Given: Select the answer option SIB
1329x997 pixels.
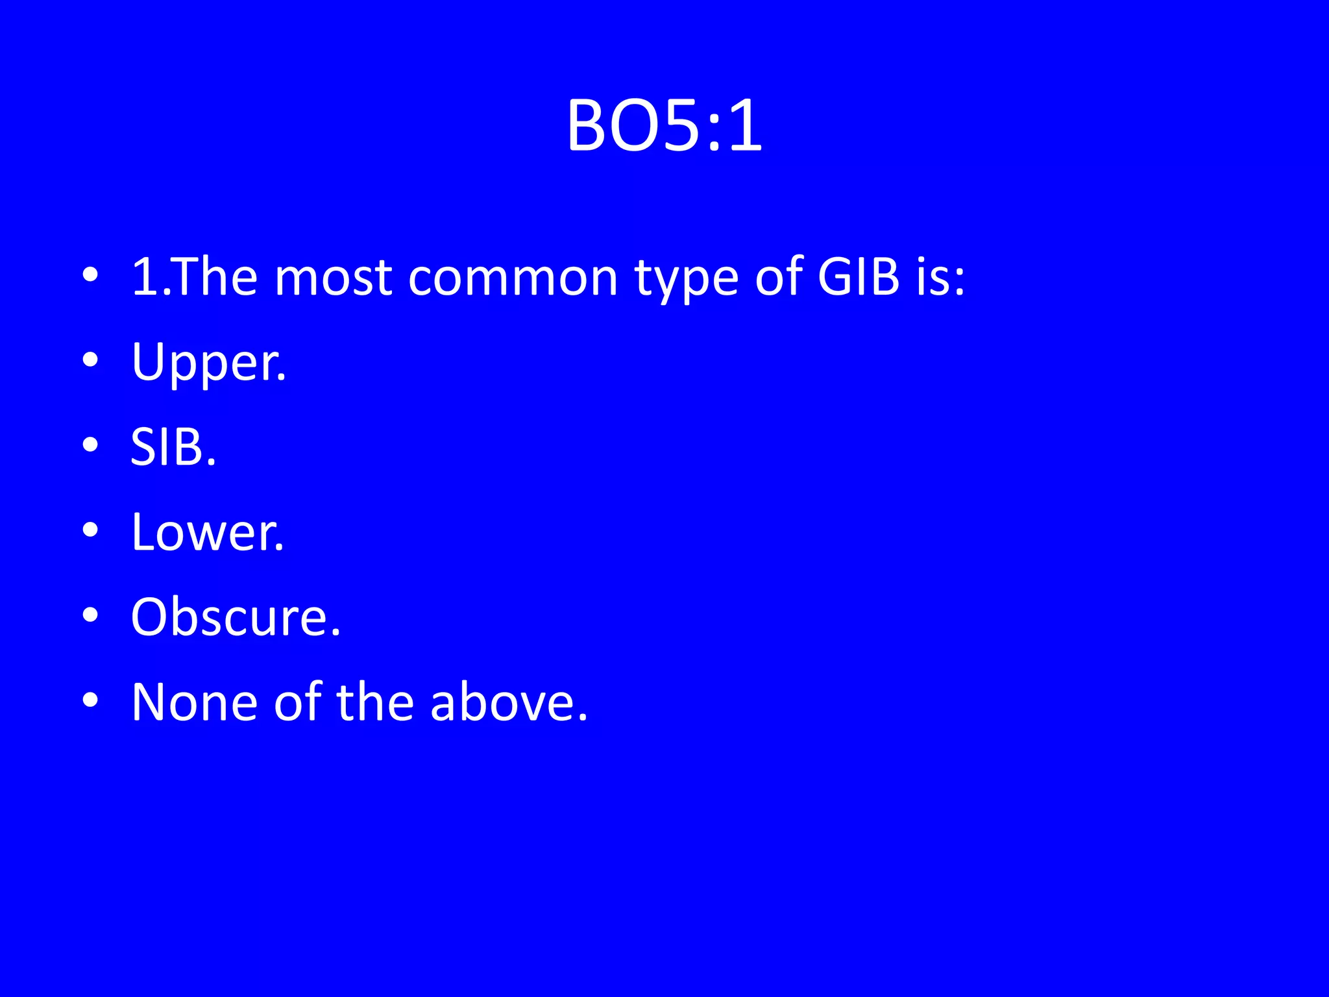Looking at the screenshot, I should click(173, 448).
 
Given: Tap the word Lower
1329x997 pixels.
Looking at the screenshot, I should click(208, 533).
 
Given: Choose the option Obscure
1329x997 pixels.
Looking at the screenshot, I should click(235, 617).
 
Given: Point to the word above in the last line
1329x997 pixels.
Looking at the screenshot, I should click(509, 702).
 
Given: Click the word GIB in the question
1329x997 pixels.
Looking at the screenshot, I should click(858, 278).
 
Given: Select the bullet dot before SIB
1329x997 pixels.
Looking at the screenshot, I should click(90, 445).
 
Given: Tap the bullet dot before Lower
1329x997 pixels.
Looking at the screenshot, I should click(90, 530).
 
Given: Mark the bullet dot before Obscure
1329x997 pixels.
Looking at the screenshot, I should click(90, 615).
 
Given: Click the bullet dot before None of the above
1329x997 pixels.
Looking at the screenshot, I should click(90, 700).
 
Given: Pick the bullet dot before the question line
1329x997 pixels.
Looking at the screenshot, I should click(90, 275).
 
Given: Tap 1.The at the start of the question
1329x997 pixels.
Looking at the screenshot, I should click(194, 278).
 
